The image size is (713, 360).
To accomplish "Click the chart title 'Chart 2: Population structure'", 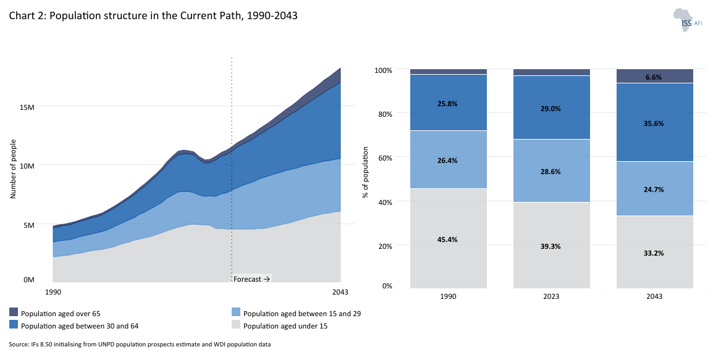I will (153, 16).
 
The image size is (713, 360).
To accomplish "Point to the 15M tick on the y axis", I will (26, 106).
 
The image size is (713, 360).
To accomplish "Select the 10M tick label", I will (26, 165).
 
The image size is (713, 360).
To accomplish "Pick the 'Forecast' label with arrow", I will (251, 279).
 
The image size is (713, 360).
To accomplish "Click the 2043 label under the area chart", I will (340, 293).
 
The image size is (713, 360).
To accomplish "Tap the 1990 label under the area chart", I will (54, 293).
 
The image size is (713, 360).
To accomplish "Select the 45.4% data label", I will (448, 240).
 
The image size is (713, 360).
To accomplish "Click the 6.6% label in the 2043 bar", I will (654, 77).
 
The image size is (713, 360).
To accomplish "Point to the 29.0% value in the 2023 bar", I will (551, 109).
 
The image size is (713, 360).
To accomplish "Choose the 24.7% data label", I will (654, 190).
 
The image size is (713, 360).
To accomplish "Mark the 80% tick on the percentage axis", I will (384, 114).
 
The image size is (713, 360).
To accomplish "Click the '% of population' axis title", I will (365, 172).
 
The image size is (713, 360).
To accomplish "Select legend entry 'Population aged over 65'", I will (59, 313).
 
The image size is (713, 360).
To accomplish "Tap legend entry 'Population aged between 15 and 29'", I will (302, 313).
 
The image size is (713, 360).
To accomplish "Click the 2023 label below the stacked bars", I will (551, 296).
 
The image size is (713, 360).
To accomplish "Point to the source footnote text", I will (140, 344).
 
